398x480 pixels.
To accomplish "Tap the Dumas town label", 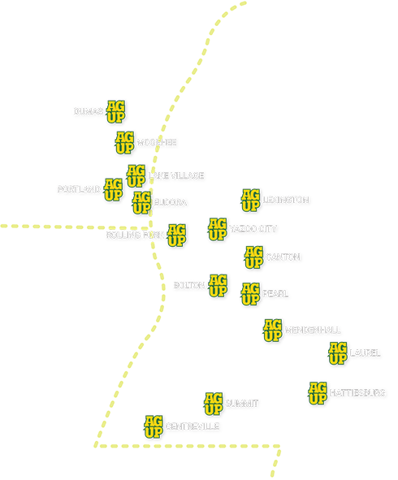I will pos(88,111).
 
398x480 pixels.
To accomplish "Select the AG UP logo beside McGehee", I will pos(124,142).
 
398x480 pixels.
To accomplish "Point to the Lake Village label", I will pos(176,175).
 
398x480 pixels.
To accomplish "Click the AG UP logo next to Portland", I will pos(114,189).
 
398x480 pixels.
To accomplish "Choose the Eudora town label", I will pos(171,201).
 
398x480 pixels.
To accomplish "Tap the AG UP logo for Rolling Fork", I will pos(176,235).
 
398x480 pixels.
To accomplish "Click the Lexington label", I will pos(286,199).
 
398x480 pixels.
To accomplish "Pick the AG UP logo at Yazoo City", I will pos(217,229).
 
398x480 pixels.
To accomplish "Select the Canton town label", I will pos(283,257).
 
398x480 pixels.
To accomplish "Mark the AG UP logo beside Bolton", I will pos(218,286).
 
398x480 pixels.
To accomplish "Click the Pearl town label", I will pos(275,293).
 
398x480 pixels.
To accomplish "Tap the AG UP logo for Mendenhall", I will pos(272,331).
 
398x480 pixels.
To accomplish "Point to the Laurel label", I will pos(365,353).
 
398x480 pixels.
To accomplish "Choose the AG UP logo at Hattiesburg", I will pos(318,392).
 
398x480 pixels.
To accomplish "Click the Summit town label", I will pos(242,403).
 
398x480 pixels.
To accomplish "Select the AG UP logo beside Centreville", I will pos(154,426).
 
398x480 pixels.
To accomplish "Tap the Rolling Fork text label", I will pos(135,235).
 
